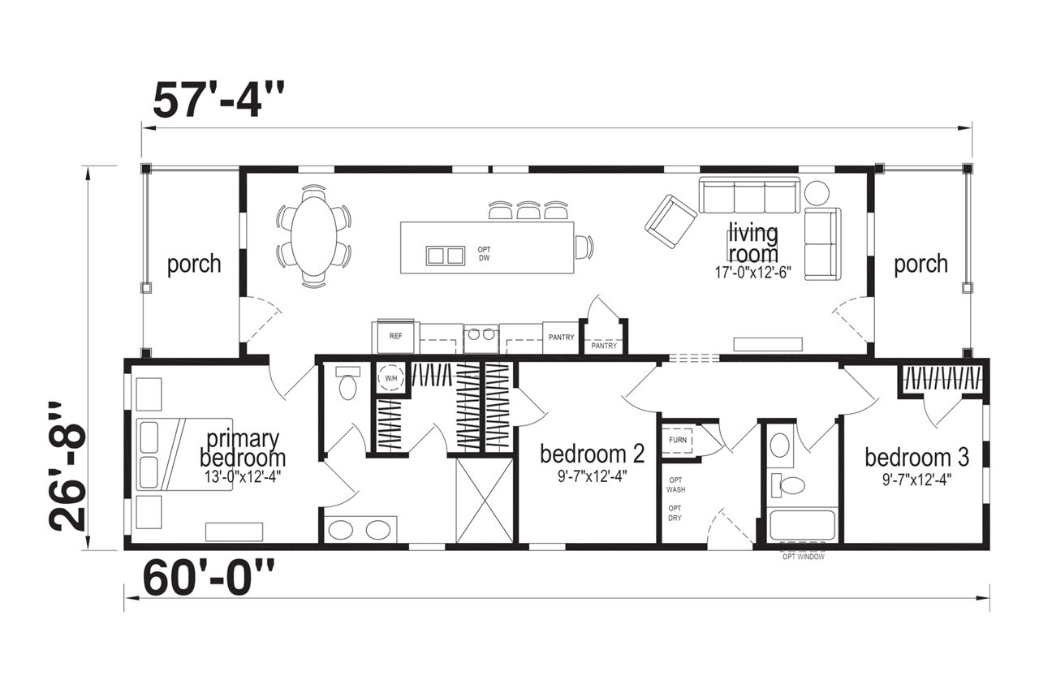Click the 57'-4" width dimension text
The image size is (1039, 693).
point(218,101)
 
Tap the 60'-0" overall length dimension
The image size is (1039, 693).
point(209,578)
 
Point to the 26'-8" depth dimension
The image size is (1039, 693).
point(68,466)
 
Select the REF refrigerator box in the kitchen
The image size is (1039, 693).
point(395,336)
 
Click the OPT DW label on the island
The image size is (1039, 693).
point(485,254)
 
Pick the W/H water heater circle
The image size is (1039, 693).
point(391,378)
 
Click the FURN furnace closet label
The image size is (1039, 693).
point(678,440)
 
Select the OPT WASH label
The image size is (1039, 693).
point(676,484)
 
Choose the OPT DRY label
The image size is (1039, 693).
point(675,513)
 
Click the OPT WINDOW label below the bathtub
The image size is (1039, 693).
point(804,557)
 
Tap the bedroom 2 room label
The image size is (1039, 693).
point(593,454)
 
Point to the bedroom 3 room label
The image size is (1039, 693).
point(917,458)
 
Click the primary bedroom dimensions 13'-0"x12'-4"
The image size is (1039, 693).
point(243,476)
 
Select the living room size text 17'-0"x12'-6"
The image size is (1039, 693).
point(752,273)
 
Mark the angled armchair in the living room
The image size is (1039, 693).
point(670,222)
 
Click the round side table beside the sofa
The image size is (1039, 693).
point(817,193)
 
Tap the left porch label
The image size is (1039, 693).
point(194,264)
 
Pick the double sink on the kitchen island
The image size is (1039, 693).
point(446,256)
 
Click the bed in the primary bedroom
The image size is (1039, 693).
point(184,454)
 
